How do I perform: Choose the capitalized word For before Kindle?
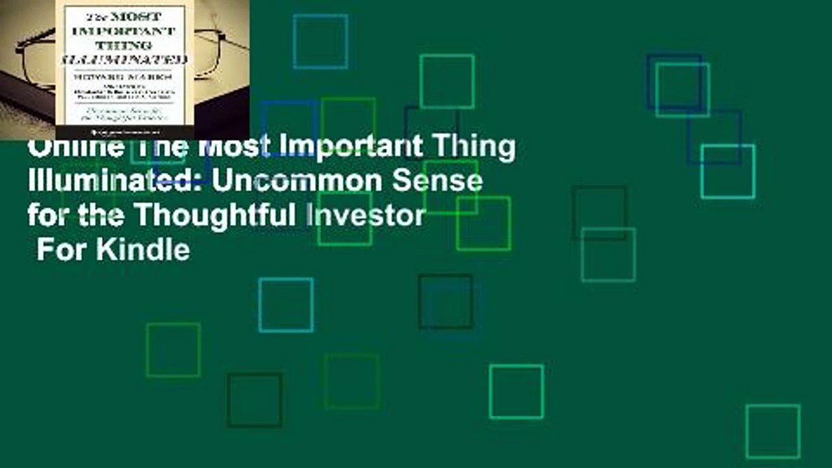(x=62, y=249)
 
